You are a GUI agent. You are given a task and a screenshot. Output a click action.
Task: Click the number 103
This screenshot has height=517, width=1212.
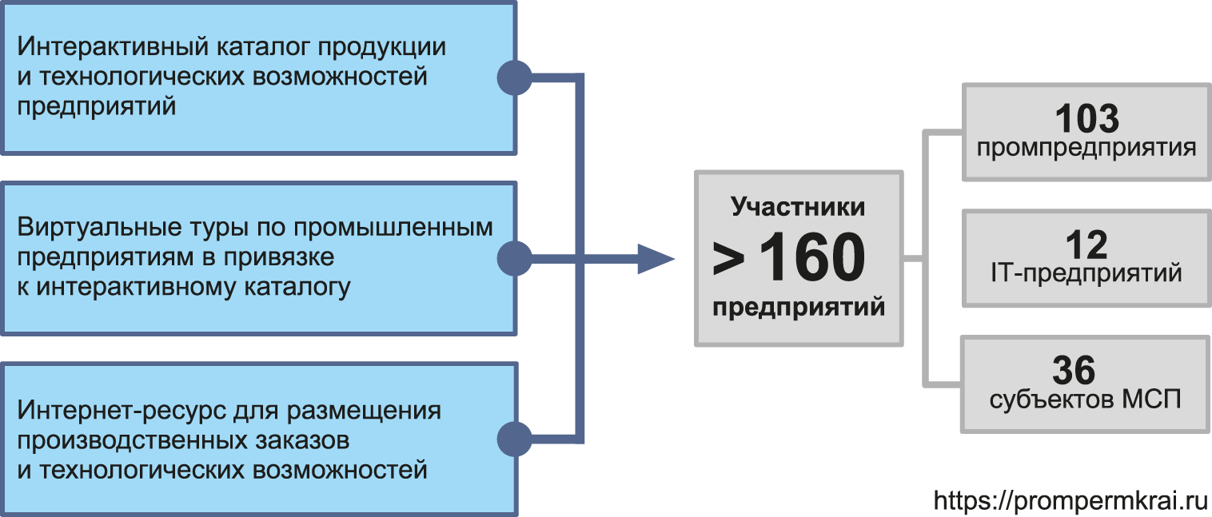1086,119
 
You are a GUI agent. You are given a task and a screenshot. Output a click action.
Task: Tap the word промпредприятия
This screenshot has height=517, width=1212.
1086,148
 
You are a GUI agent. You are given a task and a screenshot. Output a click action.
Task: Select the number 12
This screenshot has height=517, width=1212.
1086,245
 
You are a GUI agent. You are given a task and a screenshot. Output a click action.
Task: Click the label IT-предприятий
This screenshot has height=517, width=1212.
1086,273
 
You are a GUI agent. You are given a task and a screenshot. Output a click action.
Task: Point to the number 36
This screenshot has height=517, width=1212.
1074,371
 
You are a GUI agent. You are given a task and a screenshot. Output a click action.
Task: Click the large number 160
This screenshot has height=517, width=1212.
811,259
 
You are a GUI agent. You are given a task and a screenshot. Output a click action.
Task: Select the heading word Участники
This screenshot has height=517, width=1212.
798,207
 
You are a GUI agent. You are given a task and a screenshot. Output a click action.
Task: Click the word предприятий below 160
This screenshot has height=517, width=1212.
798,308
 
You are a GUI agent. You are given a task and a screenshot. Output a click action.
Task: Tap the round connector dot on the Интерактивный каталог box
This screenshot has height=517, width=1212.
515,78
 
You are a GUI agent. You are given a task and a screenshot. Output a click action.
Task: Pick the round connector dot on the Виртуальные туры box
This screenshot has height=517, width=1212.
515,259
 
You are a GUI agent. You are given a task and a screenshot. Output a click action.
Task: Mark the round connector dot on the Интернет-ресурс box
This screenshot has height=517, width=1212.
515,439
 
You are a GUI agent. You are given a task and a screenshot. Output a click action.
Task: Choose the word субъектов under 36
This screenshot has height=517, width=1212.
1044,400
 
